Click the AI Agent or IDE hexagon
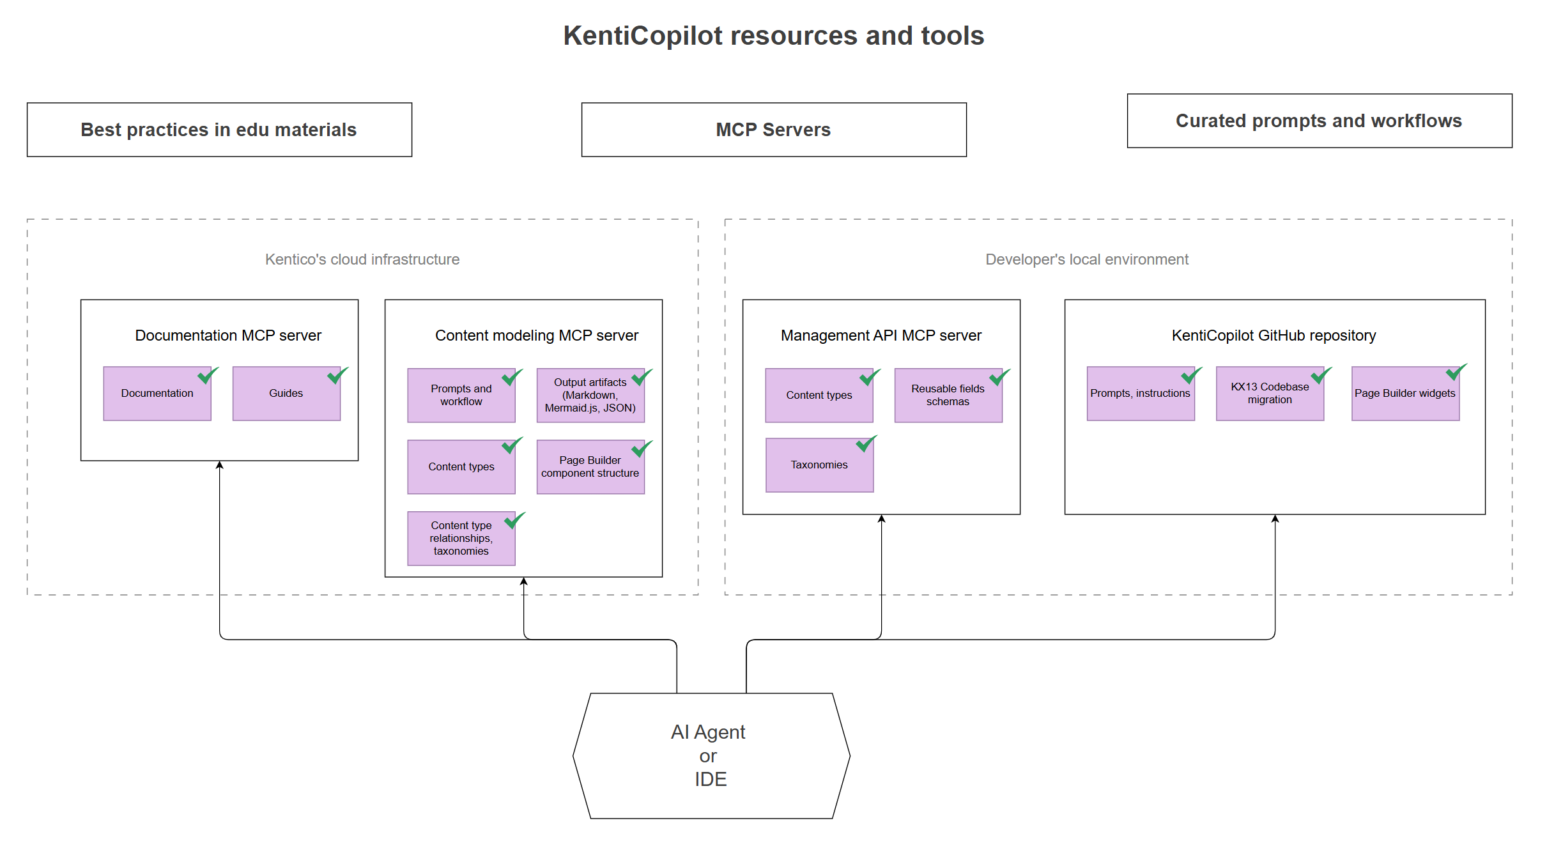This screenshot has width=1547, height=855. [711, 755]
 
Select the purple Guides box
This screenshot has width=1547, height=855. [286, 394]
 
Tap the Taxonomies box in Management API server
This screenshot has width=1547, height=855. [819, 465]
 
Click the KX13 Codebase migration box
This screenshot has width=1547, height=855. [1270, 394]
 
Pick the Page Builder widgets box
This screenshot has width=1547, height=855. [1405, 394]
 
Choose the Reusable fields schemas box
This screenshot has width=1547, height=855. [948, 396]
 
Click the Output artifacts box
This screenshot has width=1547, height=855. [590, 396]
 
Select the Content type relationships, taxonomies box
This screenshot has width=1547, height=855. [461, 539]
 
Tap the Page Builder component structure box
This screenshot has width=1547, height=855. [590, 467]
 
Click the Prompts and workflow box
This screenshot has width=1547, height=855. [461, 396]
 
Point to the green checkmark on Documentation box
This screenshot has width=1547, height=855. [207, 376]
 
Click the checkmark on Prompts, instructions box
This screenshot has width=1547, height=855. [1190, 376]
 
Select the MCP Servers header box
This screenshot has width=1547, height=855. [773, 130]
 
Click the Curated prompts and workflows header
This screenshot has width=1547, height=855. [1319, 121]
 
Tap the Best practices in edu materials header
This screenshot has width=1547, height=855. [219, 130]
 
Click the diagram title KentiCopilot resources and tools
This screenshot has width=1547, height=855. [773, 36]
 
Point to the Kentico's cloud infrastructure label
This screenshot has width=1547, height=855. [362, 259]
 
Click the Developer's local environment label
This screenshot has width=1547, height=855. [1086, 259]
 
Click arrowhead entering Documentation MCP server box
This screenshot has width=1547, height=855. [220, 465]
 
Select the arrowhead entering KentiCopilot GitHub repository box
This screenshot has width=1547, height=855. [1275, 519]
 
